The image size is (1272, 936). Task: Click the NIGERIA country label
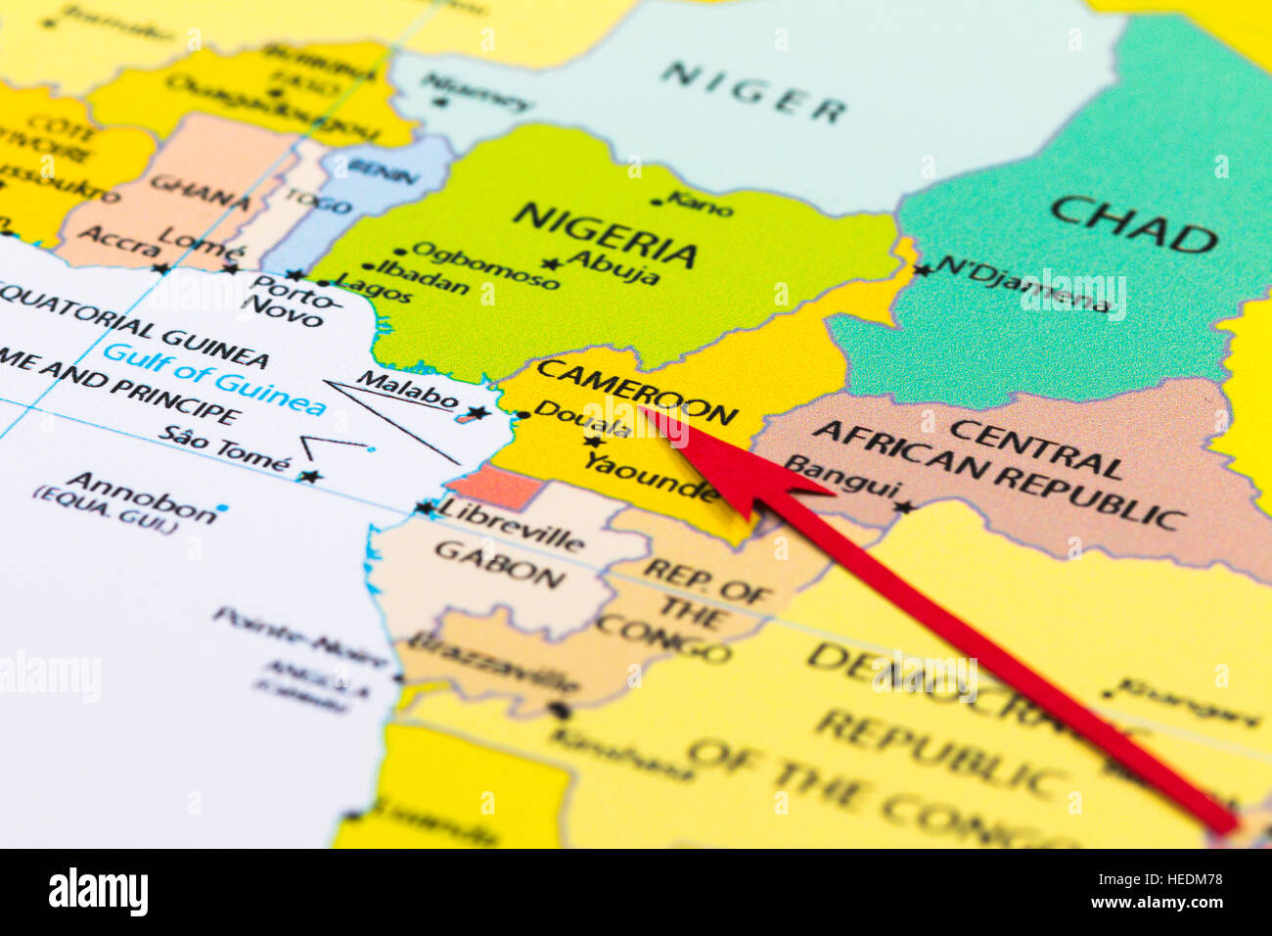click(605, 234)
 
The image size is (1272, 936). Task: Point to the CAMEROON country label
click(636, 391)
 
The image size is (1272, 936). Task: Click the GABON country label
click(499, 564)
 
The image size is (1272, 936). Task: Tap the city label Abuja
click(613, 266)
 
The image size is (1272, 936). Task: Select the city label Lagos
click(374, 290)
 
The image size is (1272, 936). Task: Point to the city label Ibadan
click(423, 277)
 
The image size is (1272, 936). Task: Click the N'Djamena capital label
click(1022, 283)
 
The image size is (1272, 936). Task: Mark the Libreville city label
click(510, 524)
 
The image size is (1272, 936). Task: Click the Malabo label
click(407, 389)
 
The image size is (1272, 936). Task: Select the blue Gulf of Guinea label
click(214, 378)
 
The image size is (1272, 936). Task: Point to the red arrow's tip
click(645, 411)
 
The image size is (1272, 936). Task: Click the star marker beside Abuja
click(552, 263)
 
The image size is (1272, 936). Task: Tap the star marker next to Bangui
click(904, 507)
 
